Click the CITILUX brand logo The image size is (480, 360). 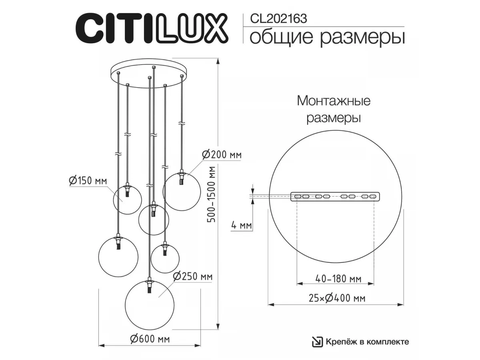[152, 28]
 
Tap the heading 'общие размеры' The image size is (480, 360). [327, 38]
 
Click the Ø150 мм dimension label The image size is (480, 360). [88, 181]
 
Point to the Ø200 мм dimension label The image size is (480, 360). [222, 155]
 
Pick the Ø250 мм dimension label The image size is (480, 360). [193, 276]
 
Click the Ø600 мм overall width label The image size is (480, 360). [150, 339]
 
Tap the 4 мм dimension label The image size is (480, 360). [242, 225]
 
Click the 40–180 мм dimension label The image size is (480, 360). [338, 279]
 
